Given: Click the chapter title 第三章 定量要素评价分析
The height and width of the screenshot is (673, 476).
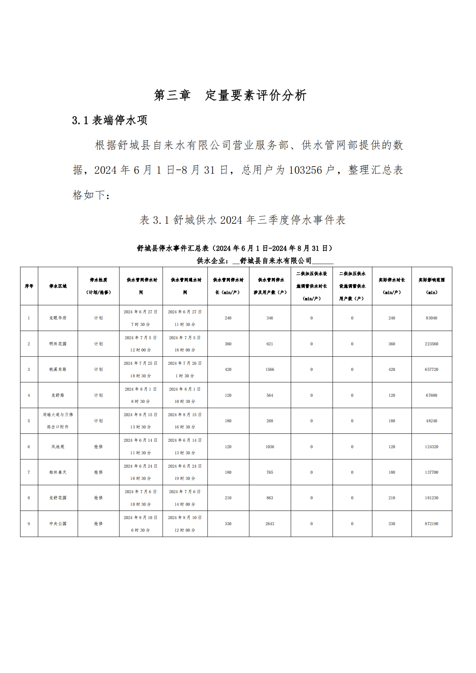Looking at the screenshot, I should click(x=230, y=95).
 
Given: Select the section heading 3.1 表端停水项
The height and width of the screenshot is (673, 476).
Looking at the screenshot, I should click(x=110, y=120).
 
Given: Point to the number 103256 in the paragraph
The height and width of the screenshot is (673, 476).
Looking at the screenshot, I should click(x=305, y=170).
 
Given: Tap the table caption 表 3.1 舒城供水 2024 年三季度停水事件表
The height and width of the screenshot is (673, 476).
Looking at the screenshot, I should click(x=242, y=220).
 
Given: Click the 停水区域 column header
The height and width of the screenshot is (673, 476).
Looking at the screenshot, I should click(x=58, y=286).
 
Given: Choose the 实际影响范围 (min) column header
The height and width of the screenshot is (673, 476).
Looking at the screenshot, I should click(x=431, y=286).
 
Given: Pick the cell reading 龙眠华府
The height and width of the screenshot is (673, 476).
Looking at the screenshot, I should click(x=58, y=318).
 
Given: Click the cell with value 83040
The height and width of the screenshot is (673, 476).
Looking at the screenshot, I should click(x=431, y=318).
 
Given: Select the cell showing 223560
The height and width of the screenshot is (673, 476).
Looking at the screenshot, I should click(x=431, y=344).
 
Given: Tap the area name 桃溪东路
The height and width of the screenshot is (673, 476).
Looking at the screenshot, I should click(x=58, y=369).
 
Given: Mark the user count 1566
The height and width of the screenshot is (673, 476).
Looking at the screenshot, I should click(x=270, y=369).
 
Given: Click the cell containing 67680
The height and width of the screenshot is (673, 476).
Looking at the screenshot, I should click(x=431, y=395).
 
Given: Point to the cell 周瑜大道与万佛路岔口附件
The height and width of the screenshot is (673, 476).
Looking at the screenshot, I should click(x=58, y=421).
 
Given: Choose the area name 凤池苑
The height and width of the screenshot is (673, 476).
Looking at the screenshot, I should click(x=58, y=447).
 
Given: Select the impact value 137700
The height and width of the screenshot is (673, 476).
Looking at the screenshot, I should click(x=431, y=472).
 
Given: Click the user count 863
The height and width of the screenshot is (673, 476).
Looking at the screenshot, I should click(x=270, y=498).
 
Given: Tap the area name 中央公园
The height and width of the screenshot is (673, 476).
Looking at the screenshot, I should click(x=58, y=524).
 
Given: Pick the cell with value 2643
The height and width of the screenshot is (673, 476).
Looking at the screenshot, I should click(x=270, y=524).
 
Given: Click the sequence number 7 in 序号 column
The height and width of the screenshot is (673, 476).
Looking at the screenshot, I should click(x=29, y=472).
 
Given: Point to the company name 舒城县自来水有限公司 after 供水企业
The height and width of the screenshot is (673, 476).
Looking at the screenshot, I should click(x=276, y=261).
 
